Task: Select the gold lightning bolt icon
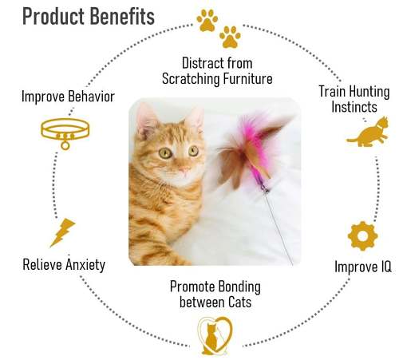tap(62, 232)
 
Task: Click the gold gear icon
tap(362, 236)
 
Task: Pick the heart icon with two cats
tap(212, 335)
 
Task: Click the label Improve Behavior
tap(68, 97)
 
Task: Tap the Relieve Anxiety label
tap(64, 264)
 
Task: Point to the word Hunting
tap(371, 92)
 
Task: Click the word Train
tap(334, 92)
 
